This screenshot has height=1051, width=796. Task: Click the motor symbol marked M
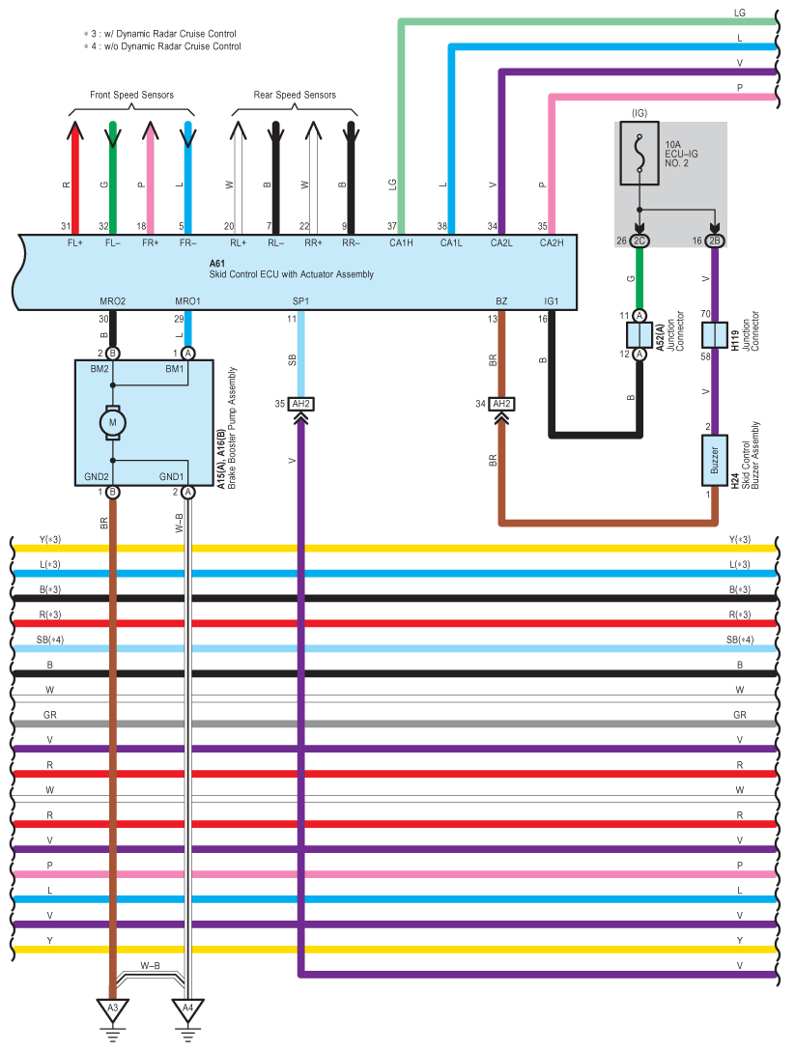(113, 423)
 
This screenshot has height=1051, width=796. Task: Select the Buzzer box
(714, 461)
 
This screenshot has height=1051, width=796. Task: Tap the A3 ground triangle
(113, 1010)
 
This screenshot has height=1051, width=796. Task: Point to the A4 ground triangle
(187, 1010)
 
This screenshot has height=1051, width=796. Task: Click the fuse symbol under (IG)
(640, 153)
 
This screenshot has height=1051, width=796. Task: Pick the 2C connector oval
(640, 241)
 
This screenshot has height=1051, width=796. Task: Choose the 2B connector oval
(714, 241)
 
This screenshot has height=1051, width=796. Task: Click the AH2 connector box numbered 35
(300, 404)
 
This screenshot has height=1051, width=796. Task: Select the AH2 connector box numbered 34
(501, 404)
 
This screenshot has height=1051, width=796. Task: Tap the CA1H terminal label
(401, 242)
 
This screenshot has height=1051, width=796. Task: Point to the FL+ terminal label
(75, 242)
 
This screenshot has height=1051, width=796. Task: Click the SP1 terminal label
(300, 301)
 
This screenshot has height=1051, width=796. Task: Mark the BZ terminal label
(501, 301)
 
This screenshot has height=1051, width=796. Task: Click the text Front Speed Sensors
(132, 95)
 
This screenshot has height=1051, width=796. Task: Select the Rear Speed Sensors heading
(295, 95)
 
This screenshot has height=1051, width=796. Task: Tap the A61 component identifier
(217, 264)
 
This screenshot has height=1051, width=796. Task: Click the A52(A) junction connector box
(640, 335)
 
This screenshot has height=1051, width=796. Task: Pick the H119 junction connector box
(714, 335)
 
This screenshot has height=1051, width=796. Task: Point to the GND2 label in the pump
(97, 476)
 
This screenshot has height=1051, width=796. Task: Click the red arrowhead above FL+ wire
(75, 130)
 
